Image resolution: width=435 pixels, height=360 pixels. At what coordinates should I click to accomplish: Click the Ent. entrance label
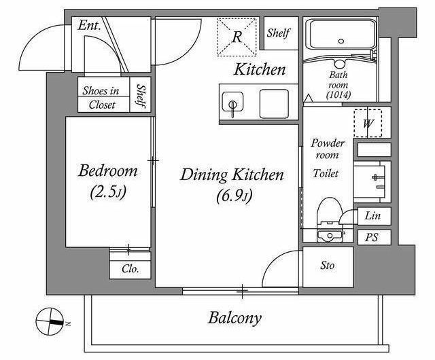tap(89, 26)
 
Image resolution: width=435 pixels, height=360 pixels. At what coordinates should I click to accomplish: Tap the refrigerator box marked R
tap(237, 37)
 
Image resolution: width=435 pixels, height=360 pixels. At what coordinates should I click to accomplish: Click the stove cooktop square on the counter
tap(274, 104)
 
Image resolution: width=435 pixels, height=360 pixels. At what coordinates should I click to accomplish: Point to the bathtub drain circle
tap(341, 41)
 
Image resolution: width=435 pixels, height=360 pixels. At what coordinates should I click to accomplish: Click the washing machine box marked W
tap(368, 123)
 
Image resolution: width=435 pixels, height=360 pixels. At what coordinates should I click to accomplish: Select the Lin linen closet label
tap(372, 215)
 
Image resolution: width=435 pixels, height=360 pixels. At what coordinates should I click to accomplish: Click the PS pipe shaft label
tap(372, 238)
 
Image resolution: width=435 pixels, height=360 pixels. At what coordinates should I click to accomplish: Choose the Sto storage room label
tap(328, 266)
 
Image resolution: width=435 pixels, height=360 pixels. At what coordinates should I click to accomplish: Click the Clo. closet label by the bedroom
tap(130, 268)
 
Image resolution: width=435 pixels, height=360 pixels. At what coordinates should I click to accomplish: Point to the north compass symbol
tap(50, 321)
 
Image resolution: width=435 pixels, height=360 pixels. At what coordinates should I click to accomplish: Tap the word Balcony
tap(234, 318)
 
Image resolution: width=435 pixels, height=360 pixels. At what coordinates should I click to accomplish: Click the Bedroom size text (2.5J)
tap(108, 192)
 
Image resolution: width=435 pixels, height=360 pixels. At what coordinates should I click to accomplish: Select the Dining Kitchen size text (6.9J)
tap(234, 196)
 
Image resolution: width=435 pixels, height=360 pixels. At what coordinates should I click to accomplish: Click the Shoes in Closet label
tap(101, 98)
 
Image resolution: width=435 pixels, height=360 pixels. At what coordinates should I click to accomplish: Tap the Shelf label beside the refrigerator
tap(278, 33)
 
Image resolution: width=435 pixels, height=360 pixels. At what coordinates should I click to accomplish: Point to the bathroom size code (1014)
tap(338, 95)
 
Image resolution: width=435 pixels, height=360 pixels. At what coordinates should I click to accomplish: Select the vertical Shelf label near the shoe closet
tap(141, 96)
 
